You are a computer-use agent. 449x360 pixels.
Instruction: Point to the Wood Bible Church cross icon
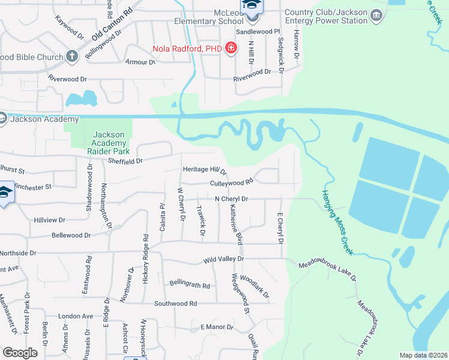pyautogui.click(x=72, y=57)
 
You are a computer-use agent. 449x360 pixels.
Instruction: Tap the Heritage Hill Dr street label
pyautogui.click(x=205, y=170)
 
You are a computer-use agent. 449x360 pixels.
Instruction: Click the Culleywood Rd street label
pyautogui.click(x=232, y=182)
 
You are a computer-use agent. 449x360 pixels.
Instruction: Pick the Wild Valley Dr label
pyautogui.click(x=223, y=259)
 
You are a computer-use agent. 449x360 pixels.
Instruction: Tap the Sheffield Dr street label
pyautogui.click(x=125, y=161)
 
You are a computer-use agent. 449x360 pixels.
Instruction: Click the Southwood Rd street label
pyautogui.click(x=175, y=304)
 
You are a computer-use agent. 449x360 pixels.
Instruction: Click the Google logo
pyautogui.click(x=20, y=353)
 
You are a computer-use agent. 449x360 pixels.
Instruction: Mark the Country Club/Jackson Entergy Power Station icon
pyautogui.click(x=377, y=15)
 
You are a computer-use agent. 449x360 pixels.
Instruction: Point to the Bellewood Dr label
pyautogui.click(x=71, y=236)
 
